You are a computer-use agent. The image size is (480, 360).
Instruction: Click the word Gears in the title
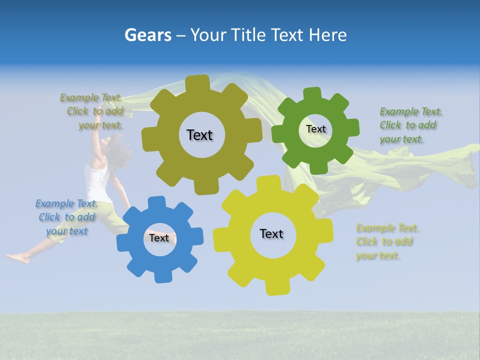(147, 35)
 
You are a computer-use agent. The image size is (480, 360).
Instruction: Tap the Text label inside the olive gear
(199, 135)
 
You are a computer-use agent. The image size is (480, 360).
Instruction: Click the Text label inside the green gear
(315, 129)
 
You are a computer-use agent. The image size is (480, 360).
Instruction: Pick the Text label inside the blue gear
(159, 238)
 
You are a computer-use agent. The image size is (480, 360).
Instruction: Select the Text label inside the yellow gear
(271, 233)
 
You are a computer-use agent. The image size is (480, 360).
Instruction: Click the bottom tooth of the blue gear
(160, 276)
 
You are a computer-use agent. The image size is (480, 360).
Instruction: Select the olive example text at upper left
(92, 111)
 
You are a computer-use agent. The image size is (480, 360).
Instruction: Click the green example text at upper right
(409, 125)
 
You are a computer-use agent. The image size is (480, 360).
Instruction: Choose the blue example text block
(66, 217)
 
